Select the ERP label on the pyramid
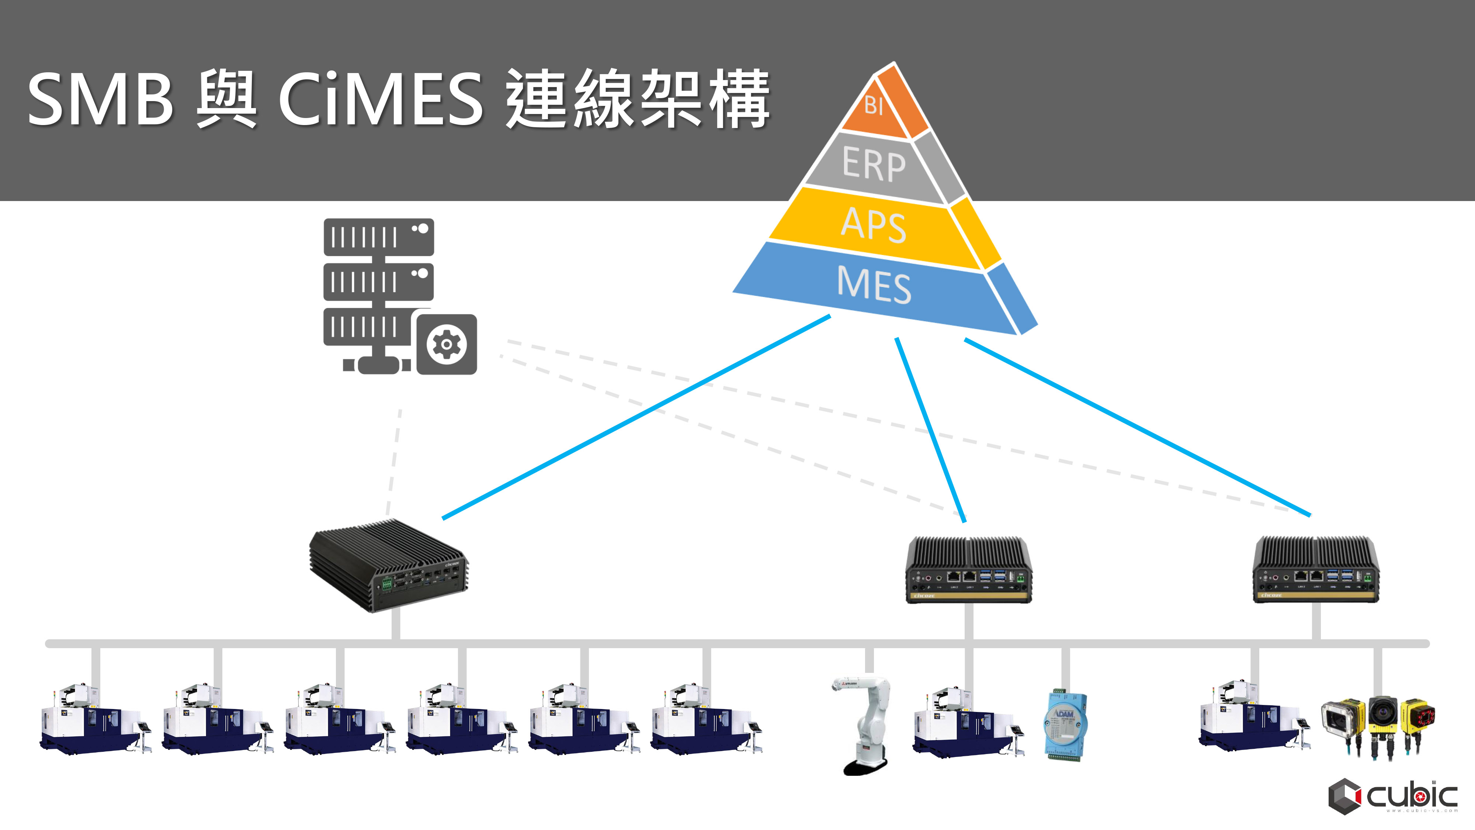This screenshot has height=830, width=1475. coord(874,165)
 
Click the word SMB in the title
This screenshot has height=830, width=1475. coord(100,99)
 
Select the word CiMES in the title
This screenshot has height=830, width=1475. coord(381,99)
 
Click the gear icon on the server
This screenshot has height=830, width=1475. coord(446,344)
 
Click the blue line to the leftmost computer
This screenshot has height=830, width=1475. coord(636,417)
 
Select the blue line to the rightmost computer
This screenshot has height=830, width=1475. coord(1136,427)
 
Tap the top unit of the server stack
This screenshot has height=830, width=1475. coord(378,236)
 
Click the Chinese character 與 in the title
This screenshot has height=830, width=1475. coord(226,99)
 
